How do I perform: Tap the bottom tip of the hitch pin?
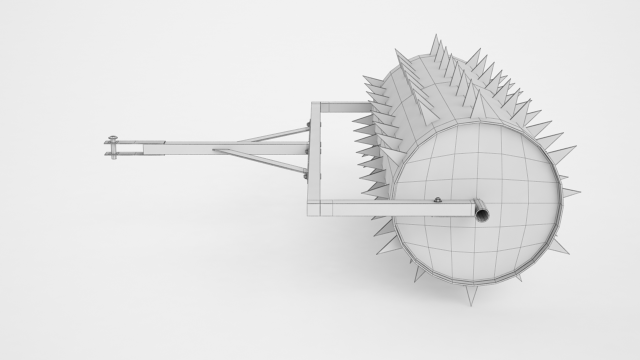pyautogui.click(x=114, y=158)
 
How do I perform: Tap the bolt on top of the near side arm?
pyautogui.click(x=437, y=200)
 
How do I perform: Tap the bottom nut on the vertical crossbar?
pyautogui.click(x=305, y=176)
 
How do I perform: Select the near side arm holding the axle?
pyautogui.click(x=400, y=208)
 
